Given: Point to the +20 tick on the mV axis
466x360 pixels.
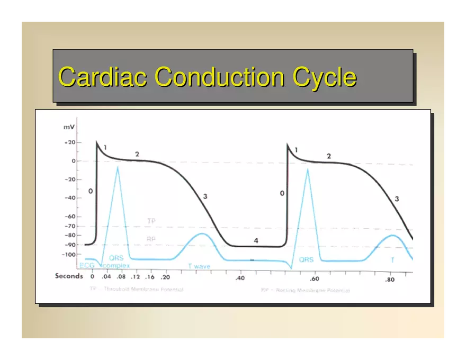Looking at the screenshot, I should (x=69, y=142).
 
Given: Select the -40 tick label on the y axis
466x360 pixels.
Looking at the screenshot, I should (x=69, y=198).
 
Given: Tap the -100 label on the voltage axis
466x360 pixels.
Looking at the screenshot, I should (x=69, y=255).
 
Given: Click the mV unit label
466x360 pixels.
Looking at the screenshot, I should (x=69, y=128).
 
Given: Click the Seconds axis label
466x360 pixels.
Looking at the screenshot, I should (x=69, y=276).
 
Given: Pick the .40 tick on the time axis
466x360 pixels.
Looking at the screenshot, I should (x=240, y=278).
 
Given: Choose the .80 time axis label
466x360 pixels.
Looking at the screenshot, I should (x=390, y=280).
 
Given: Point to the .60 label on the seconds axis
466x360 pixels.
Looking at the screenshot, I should (x=315, y=279).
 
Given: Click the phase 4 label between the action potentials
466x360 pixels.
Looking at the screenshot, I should (x=256, y=241).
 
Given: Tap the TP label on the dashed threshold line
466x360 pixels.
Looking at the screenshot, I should (x=151, y=221).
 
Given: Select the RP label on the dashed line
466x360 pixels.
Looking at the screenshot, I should (x=151, y=239).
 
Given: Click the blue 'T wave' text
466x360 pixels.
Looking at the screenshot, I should (x=199, y=266).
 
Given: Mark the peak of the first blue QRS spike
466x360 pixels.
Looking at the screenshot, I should (x=118, y=167).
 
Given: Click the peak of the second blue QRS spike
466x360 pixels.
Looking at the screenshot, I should (x=307, y=169).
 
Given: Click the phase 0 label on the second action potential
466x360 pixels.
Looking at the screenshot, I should (x=282, y=194).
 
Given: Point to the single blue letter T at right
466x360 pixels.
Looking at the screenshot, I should (x=392, y=260).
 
